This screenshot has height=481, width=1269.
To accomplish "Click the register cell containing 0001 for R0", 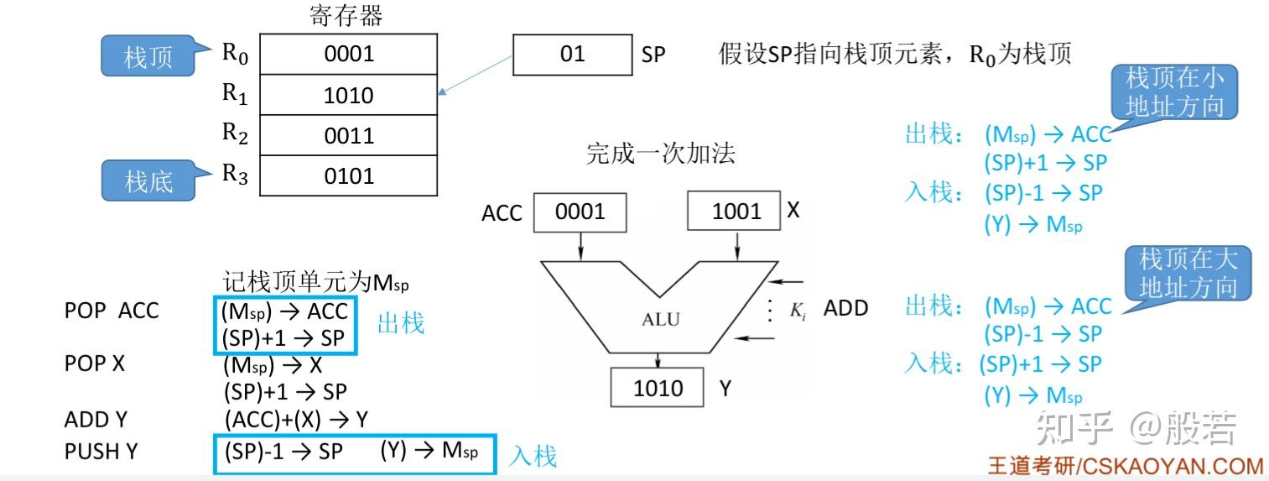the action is click(x=348, y=54).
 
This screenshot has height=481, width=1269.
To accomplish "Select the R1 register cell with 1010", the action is click(x=348, y=95).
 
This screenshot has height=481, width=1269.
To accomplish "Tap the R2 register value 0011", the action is click(x=348, y=135).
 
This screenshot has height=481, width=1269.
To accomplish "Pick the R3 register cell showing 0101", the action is click(x=348, y=175).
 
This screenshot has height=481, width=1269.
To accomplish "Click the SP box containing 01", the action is click(x=572, y=55).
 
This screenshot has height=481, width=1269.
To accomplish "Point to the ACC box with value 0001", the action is click(x=580, y=212).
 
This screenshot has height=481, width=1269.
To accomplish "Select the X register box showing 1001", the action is click(x=734, y=211).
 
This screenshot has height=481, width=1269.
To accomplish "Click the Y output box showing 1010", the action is click(x=658, y=388).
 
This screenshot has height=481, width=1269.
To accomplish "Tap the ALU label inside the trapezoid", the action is click(x=661, y=319).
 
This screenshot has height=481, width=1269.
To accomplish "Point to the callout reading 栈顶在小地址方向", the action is click(x=1174, y=91).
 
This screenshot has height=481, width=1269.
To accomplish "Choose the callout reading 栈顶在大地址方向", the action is click(x=1188, y=274).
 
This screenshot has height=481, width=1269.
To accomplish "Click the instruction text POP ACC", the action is click(x=112, y=311).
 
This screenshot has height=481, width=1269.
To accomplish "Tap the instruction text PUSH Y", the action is click(x=101, y=452).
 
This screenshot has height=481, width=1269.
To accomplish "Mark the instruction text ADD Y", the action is click(x=96, y=420).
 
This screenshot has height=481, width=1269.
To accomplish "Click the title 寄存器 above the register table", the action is click(x=346, y=15).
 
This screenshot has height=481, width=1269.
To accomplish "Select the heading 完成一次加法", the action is click(x=661, y=153).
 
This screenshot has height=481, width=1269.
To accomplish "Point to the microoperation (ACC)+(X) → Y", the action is click(x=296, y=420).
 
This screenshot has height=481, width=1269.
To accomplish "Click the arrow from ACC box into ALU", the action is click(x=580, y=246).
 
